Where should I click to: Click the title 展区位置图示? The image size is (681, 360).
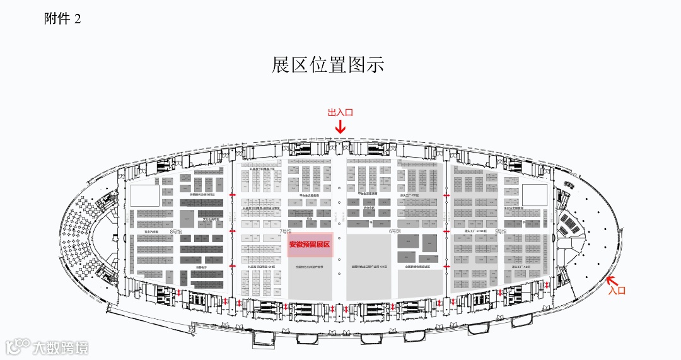click(327, 65)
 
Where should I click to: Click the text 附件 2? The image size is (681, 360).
click(62, 19)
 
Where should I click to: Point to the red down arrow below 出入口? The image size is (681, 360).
click(340, 127)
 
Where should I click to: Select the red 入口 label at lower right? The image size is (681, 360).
click(616, 291)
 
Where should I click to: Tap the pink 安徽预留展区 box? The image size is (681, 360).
click(310, 244)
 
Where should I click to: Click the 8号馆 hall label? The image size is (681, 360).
click(175, 232)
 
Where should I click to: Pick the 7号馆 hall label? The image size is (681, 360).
click(287, 231)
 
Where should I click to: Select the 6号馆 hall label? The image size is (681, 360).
click(395, 231)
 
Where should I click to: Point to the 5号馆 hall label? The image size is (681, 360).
click(501, 231)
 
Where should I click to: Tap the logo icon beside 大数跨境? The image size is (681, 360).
click(18, 347)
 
